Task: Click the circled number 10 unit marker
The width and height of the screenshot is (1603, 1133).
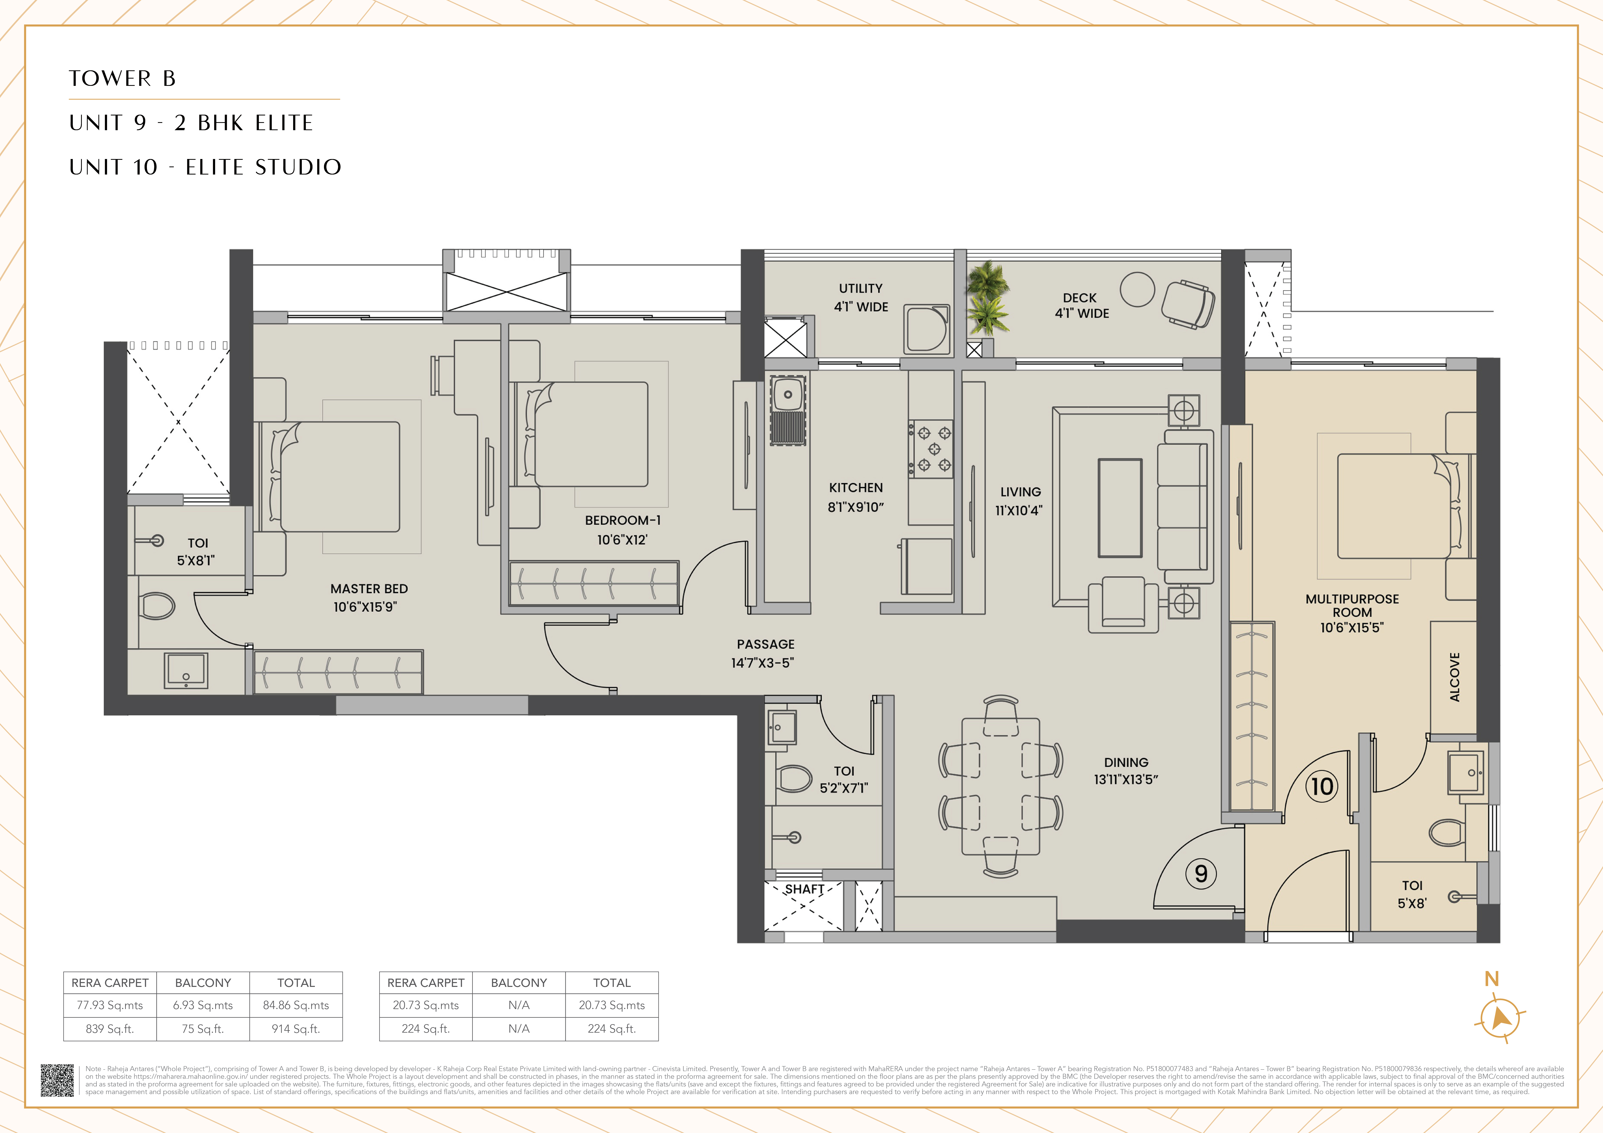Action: pos(1322,786)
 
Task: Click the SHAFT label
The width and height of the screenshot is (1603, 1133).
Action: pos(804,889)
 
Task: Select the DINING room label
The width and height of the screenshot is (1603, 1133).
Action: pos(1125,762)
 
